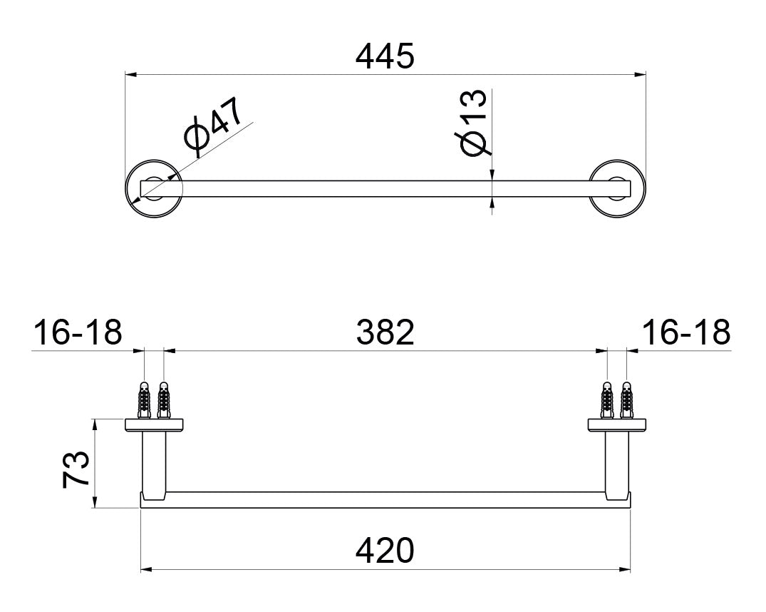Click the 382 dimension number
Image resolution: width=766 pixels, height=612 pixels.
point(385,332)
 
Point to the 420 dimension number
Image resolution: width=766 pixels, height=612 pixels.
point(385,551)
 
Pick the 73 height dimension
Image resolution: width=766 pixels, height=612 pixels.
point(76,468)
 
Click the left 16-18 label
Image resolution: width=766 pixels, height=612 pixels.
point(78,332)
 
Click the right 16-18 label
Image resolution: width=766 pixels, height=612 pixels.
point(686,332)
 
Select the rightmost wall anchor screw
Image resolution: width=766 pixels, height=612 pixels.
point(627,401)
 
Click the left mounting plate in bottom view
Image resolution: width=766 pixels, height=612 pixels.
point(155,425)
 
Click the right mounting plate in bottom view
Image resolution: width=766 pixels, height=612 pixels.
point(617,425)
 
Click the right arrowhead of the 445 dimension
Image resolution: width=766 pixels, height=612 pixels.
point(641,73)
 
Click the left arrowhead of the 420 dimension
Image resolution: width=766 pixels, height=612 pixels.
point(146,569)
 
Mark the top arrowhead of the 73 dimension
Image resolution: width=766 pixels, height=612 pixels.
point(95,424)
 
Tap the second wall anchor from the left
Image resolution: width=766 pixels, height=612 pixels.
point(163,401)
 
